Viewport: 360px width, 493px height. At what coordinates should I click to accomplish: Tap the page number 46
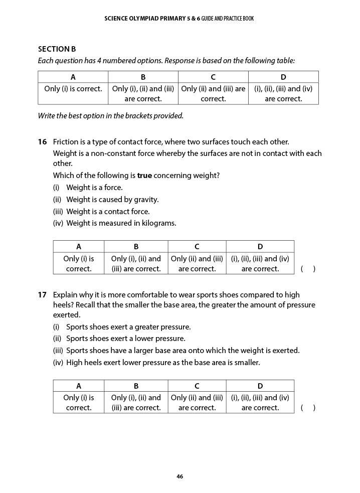coord(179,476)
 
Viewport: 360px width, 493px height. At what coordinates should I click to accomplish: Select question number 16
coord(42,142)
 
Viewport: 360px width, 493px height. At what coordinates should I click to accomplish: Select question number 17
coord(42,295)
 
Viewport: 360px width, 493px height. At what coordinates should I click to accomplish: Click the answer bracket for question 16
coord(308,269)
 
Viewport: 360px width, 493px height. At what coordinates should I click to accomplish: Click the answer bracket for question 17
coord(308,408)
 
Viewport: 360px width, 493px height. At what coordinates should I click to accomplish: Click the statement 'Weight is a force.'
coord(94,188)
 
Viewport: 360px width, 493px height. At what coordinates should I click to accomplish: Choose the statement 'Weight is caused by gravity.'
coord(112,200)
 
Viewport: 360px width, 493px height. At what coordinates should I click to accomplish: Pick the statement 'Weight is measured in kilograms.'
coord(121,223)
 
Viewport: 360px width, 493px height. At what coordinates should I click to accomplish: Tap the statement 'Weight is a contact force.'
coord(108,212)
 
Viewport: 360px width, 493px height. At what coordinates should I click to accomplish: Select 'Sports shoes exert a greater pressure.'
coord(128,327)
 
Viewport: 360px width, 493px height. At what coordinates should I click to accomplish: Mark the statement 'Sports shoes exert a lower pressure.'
coord(125,339)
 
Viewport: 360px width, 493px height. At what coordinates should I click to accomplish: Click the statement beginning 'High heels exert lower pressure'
coord(163,362)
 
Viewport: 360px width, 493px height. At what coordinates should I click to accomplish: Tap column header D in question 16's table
coord(260,247)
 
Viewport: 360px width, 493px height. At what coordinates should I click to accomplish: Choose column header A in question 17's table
coord(79,386)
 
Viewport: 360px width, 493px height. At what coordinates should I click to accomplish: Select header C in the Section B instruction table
coord(213,77)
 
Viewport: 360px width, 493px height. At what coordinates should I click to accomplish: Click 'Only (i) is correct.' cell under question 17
coord(79,403)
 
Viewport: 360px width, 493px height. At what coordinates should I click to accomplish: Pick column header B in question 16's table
coord(136,247)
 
